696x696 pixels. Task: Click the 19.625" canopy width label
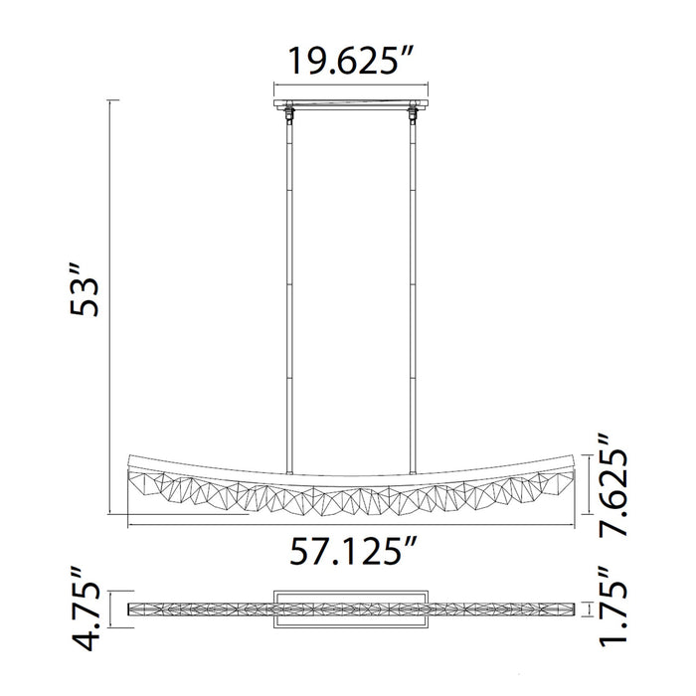pos(349,62)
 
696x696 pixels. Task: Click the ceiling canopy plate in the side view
pos(349,104)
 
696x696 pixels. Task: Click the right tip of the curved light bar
pos(574,460)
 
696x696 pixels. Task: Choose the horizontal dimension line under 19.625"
pos(349,87)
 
